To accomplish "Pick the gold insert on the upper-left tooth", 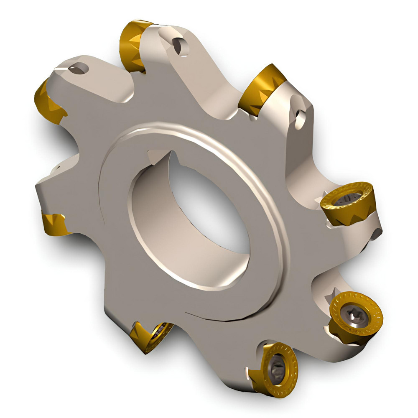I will [47, 102].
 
